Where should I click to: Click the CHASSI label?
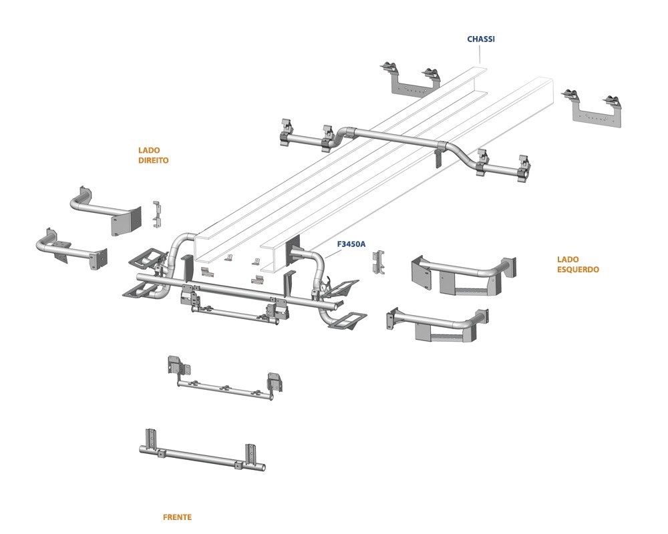(x=480, y=39)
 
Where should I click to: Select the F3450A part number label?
(x=351, y=244)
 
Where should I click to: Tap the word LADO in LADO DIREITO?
(x=149, y=150)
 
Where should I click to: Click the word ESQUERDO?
(x=578, y=270)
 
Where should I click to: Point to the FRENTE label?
(x=177, y=517)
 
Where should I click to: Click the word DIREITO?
(x=154, y=161)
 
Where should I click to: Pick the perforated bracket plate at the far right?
(x=593, y=109)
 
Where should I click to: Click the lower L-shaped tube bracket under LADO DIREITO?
(x=71, y=250)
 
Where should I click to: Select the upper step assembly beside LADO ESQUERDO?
(x=464, y=275)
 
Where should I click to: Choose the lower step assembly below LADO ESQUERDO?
(x=438, y=324)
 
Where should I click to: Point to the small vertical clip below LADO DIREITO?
(x=157, y=214)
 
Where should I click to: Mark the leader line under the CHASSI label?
(x=480, y=55)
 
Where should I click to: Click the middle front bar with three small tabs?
(x=226, y=379)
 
